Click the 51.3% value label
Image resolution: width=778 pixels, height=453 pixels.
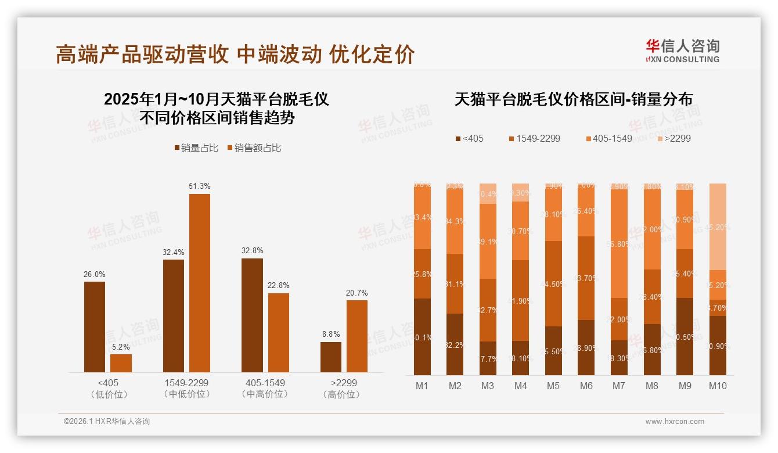pyautogui.click(x=200, y=186)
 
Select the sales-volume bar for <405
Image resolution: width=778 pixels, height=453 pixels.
pyautogui.click(x=95, y=327)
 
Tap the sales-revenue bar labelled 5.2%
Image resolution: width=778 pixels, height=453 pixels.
pyautogui.click(x=121, y=363)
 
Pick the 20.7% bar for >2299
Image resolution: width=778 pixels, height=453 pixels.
pyautogui.click(x=357, y=336)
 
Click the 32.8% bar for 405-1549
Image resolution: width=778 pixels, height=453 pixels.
pyautogui.click(x=252, y=315)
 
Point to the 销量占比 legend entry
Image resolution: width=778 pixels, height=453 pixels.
pyautogui.click(x=196, y=148)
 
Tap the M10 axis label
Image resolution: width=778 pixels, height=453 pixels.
pyautogui.click(x=718, y=386)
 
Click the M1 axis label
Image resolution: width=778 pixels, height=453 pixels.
pyautogui.click(x=422, y=386)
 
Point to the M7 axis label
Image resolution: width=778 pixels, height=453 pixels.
pyautogui.click(x=619, y=386)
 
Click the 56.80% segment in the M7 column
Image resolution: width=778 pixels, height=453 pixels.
pyautogui.click(x=619, y=244)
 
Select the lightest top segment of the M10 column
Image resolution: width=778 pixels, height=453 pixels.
pyautogui.click(x=718, y=227)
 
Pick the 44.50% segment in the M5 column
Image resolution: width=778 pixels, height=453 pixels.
pyautogui.click(x=554, y=283)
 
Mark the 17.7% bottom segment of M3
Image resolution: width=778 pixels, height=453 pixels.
pyautogui.click(x=488, y=358)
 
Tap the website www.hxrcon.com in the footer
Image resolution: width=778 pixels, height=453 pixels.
pyautogui.click(x=675, y=422)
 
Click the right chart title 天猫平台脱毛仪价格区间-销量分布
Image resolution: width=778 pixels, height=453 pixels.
pyautogui.click(x=573, y=99)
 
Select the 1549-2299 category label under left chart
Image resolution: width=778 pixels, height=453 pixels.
pyautogui.click(x=186, y=389)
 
